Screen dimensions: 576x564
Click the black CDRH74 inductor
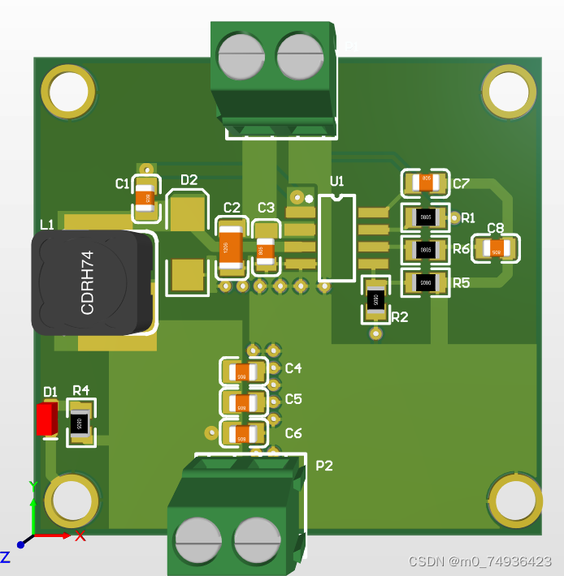[x=91, y=282]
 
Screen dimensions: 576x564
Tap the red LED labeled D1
[x=47, y=419]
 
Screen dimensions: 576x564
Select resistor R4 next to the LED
[x=80, y=422]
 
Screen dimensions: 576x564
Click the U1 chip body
[x=336, y=238]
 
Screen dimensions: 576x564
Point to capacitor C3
[x=266, y=250]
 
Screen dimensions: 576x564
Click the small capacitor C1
[x=145, y=197]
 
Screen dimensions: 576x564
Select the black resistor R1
[x=425, y=217]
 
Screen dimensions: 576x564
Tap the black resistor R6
[x=425, y=249]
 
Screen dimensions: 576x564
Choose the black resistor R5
[x=425, y=282]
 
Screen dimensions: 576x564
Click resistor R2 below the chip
[x=375, y=299]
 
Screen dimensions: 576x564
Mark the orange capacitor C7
[x=425, y=183]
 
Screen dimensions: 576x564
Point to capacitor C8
[x=496, y=249]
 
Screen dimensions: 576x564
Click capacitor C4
[x=242, y=372]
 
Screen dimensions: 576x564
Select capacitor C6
[x=242, y=434]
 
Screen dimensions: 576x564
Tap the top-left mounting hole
[x=68, y=92]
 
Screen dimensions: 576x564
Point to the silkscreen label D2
[x=189, y=180]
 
